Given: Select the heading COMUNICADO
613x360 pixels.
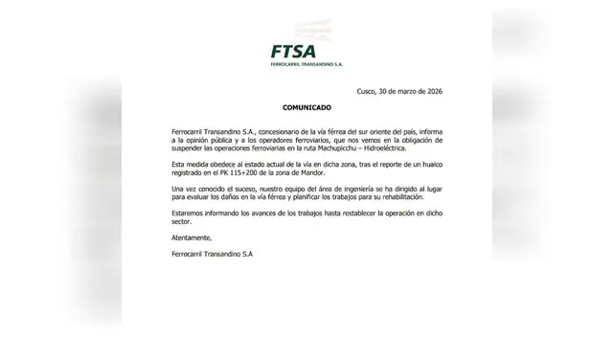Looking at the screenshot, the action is point(306,110).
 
